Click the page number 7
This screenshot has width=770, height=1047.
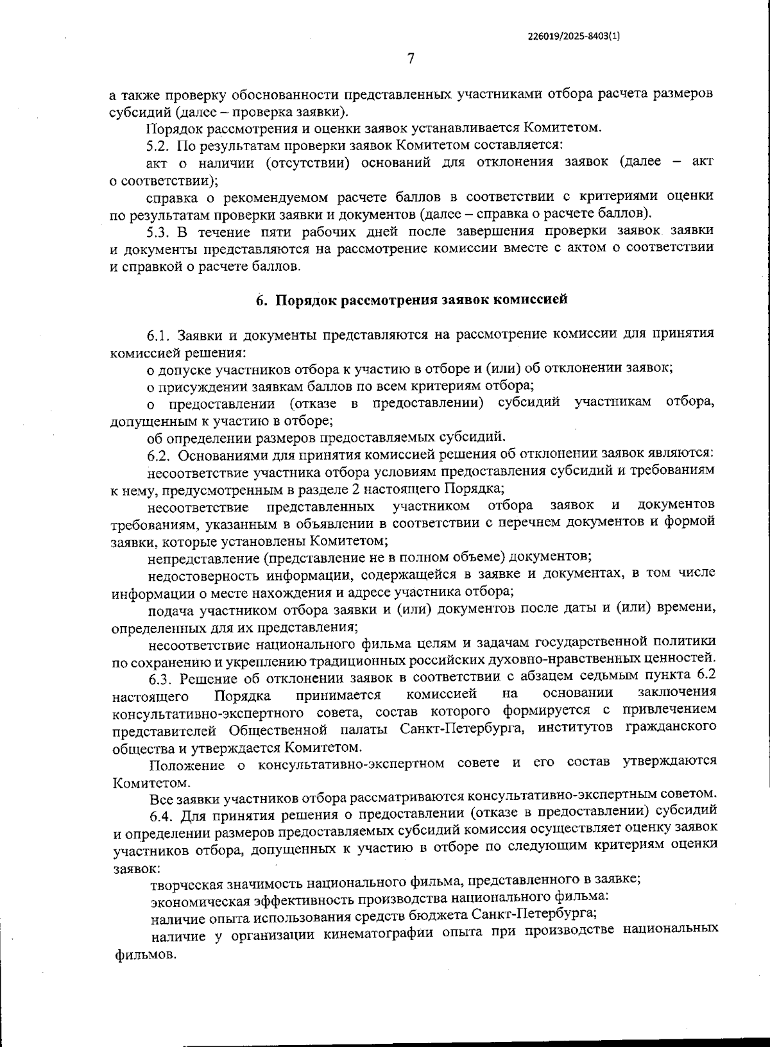(411, 59)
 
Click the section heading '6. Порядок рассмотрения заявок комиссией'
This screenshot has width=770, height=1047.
(412, 300)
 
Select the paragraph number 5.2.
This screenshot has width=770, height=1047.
(158, 145)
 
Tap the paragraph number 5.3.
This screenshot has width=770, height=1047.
(160, 230)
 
